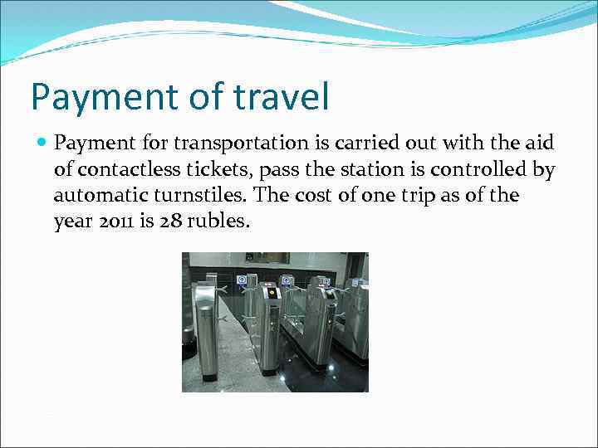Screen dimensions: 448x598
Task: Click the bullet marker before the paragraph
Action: [43, 143]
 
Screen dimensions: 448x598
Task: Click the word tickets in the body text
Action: [211, 170]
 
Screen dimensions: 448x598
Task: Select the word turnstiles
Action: [206, 196]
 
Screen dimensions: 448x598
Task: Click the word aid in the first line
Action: [539, 144]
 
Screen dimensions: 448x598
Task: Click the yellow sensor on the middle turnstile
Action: [271, 292]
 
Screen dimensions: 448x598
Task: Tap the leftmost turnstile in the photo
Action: [204, 328]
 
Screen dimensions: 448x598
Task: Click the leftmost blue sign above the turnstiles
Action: [242, 280]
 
